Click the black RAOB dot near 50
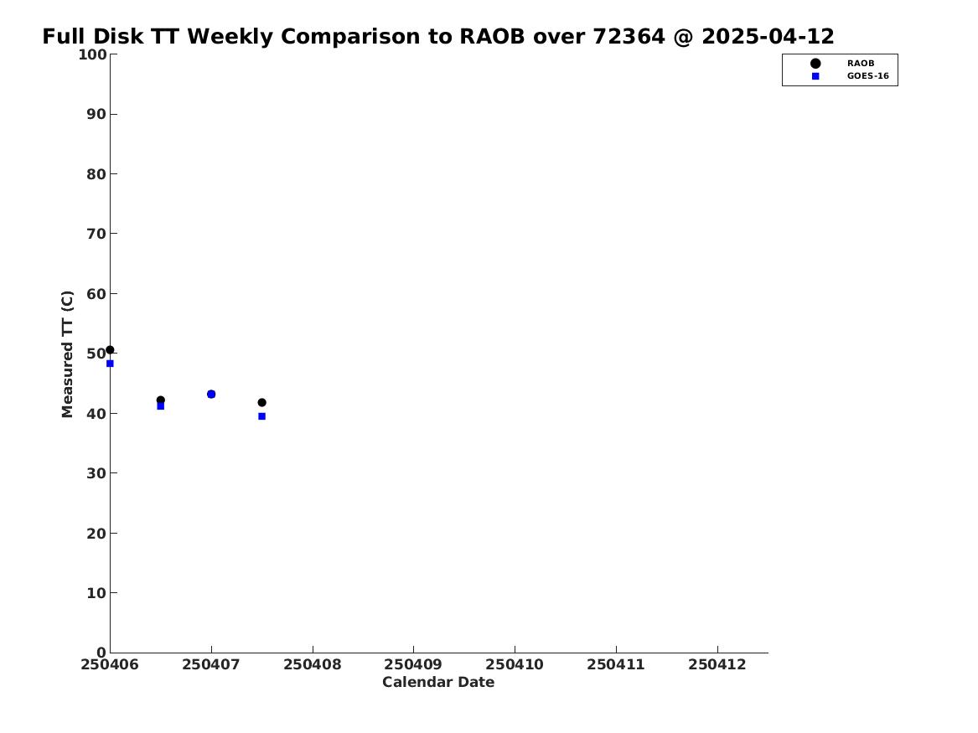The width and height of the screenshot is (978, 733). pos(110,349)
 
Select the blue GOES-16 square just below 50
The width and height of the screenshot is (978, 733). pos(110,364)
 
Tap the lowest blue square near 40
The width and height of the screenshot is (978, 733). pos(262,416)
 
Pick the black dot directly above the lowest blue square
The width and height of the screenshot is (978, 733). pos(262,403)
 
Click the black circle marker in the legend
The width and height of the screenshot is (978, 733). pos(815,64)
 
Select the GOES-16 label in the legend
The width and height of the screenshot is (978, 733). pos(867,76)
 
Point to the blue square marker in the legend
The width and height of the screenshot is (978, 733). pos(815,76)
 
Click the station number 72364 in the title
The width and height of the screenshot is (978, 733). pos(629,37)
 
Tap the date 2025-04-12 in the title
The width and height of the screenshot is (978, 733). pos(768,37)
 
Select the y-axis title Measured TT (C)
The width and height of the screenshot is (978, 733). pos(67,354)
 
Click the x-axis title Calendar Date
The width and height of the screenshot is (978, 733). pos(437,683)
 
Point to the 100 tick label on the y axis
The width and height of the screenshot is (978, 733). pos(91,54)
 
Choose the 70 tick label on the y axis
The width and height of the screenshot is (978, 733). pos(96,234)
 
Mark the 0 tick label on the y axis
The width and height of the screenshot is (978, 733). pos(101,653)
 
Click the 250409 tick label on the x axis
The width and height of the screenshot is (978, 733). pos(413,665)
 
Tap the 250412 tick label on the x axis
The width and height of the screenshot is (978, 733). pos(717,665)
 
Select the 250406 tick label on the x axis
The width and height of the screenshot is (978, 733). pos(110,665)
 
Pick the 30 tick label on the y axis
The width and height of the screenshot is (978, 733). pos(96,473)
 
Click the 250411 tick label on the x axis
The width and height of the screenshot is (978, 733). pos(616,665)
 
